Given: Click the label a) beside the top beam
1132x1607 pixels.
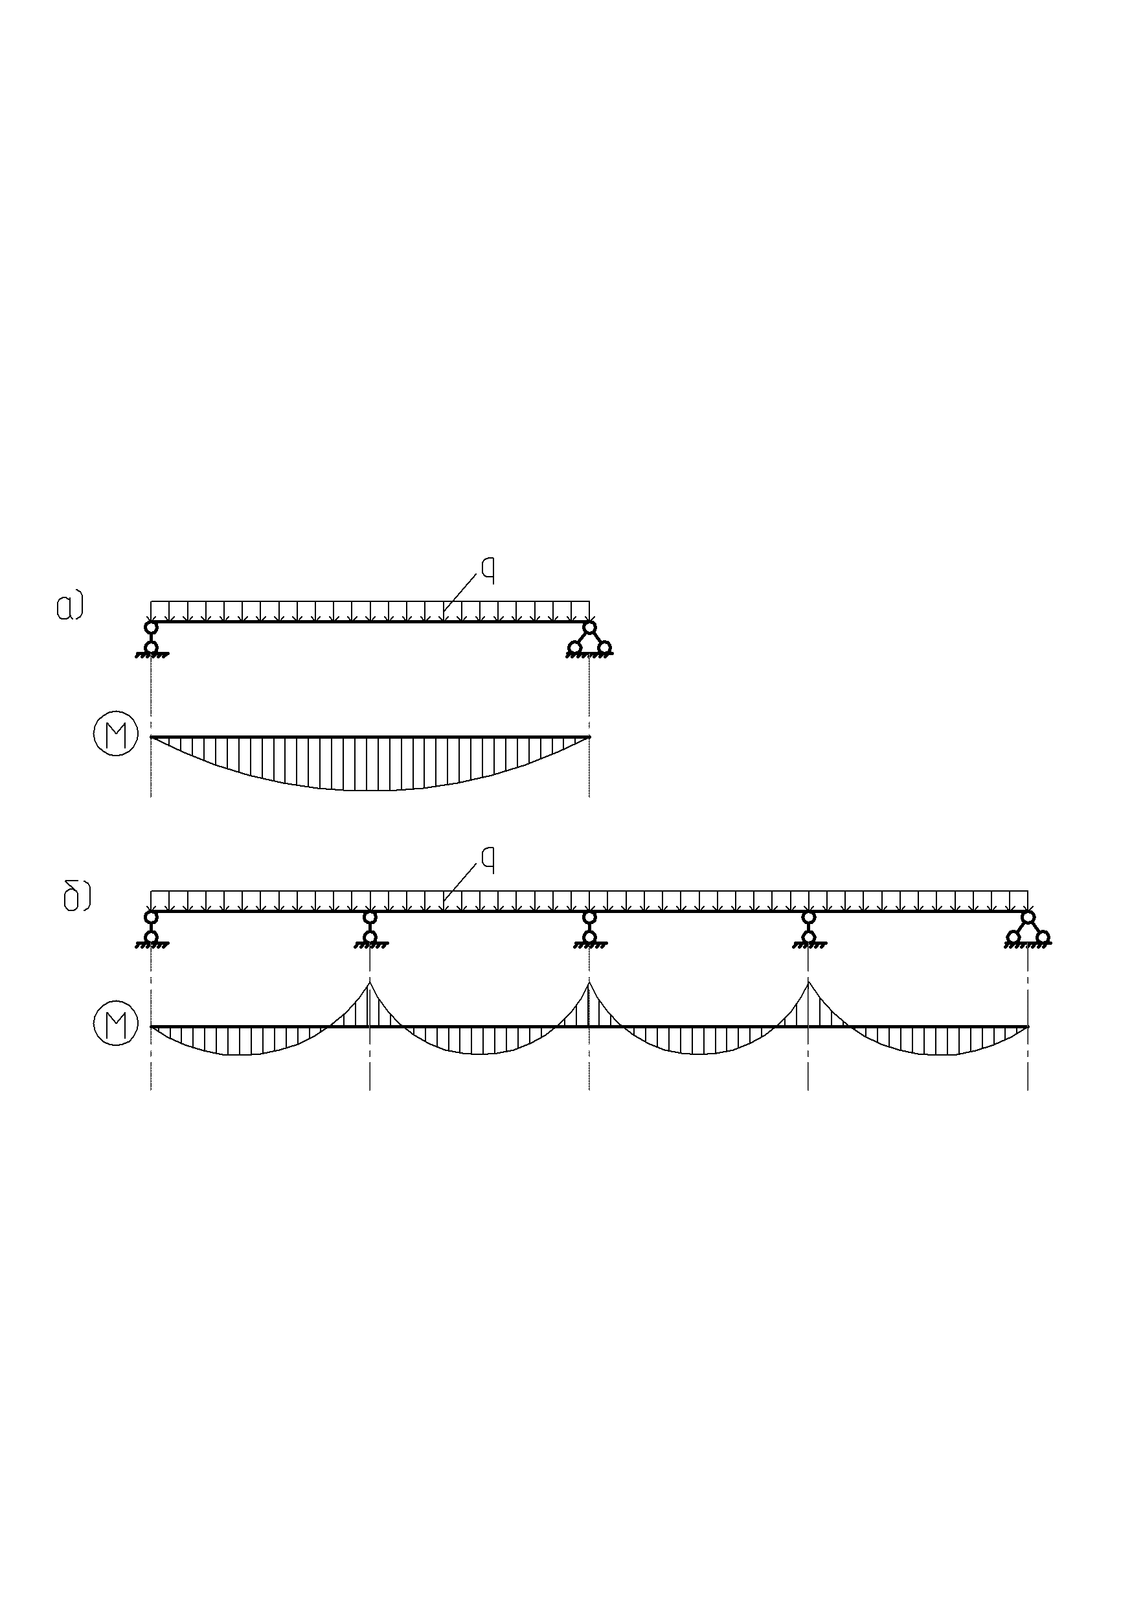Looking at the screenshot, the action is (70, 606).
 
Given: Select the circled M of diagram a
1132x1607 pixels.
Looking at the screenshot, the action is (116, 736).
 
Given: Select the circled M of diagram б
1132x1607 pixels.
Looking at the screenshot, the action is (116, 1026).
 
